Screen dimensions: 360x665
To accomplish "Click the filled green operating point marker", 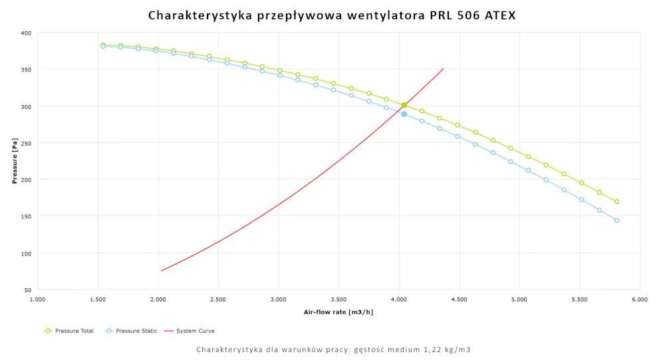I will (404, 105).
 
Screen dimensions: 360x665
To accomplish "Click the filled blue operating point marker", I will (404, 114).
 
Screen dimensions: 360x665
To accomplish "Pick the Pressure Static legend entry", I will (131, 331).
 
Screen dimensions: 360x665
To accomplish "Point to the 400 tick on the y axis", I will (26, 33).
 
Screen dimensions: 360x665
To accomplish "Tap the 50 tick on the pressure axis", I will (27, 290).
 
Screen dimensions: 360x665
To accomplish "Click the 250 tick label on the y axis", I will (26, 143).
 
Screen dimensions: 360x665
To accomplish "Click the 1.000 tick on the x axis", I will (38, 300).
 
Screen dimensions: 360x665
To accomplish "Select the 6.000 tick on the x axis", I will (640, 300).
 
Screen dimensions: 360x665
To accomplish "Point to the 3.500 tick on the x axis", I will (339, 300).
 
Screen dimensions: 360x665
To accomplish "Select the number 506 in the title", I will (458, 15).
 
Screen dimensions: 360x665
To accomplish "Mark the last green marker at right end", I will (616, 202).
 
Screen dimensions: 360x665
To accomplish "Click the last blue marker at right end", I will (616, 220).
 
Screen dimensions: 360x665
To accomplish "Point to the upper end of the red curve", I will (443, 69).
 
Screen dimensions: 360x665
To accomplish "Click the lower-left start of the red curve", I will (161, 271).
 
